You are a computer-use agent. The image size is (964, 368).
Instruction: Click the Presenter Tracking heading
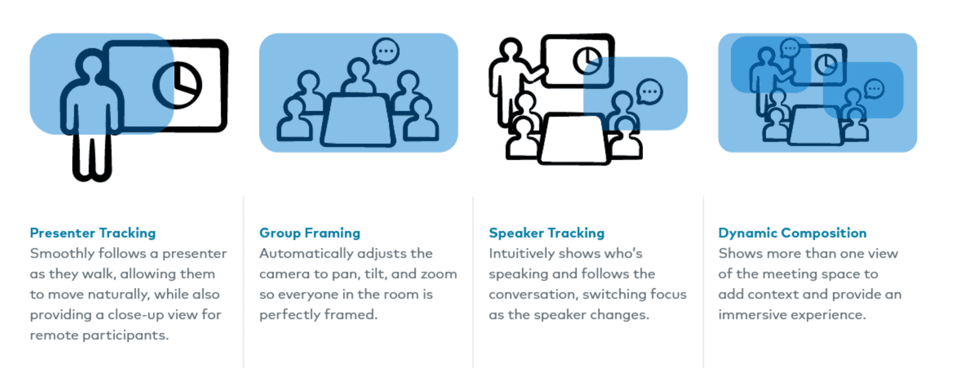coord(93,233)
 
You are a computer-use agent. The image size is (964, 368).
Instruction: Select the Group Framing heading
coord(309,233)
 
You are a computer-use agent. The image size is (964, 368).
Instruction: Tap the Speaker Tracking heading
coord(546,233)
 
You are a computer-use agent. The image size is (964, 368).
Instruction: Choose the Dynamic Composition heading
coord(792,233)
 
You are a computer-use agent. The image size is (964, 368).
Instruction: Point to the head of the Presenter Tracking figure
coord(92,63)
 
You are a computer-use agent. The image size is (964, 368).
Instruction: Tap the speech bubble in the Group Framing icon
coord(386,51)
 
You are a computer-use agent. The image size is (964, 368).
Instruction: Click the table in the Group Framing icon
coord(357,120)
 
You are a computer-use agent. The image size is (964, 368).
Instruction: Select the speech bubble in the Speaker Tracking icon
coord(649,92)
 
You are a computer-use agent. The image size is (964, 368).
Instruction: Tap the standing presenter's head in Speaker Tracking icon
coord(510,49)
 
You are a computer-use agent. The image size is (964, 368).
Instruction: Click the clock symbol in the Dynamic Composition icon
coord(826,64)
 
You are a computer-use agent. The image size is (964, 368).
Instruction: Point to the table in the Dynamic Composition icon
coord(815,125)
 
